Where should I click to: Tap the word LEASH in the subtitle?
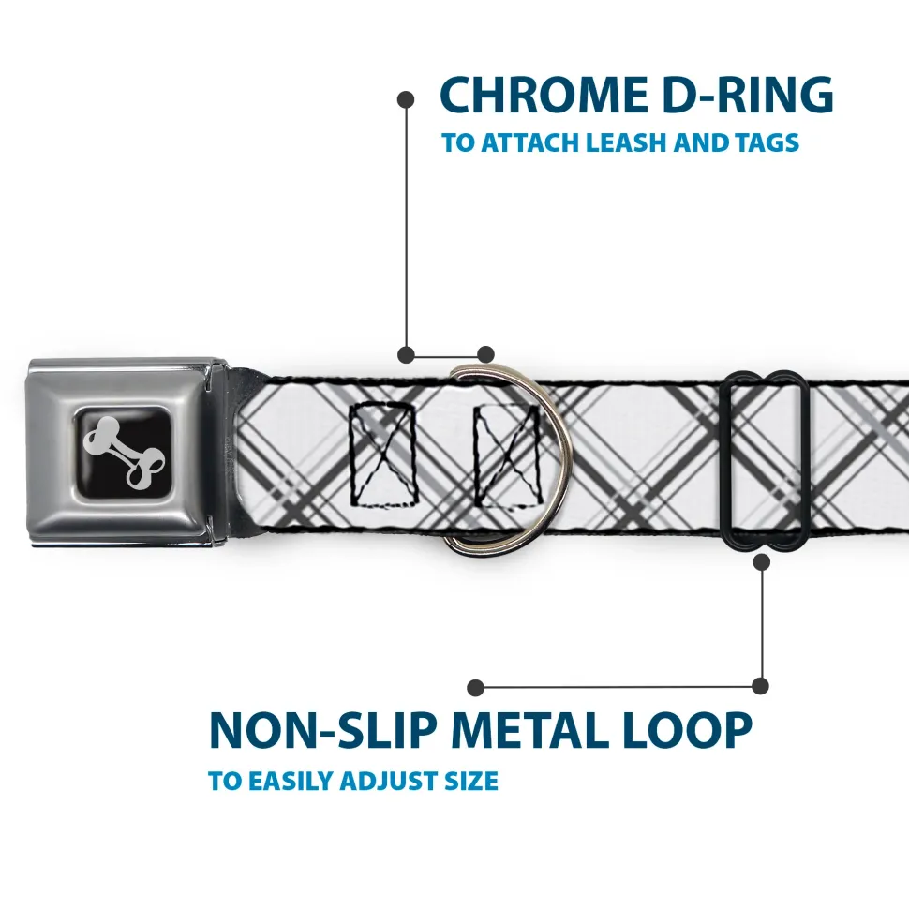[x=634, y=143]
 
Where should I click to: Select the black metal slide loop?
[x=767, y=459]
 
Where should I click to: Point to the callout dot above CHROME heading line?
[x=406, y=98]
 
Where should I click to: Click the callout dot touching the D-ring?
[x=485, y=354]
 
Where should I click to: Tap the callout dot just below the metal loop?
[x=761, y=561]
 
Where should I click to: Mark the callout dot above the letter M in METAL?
[x=476, y=688]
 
